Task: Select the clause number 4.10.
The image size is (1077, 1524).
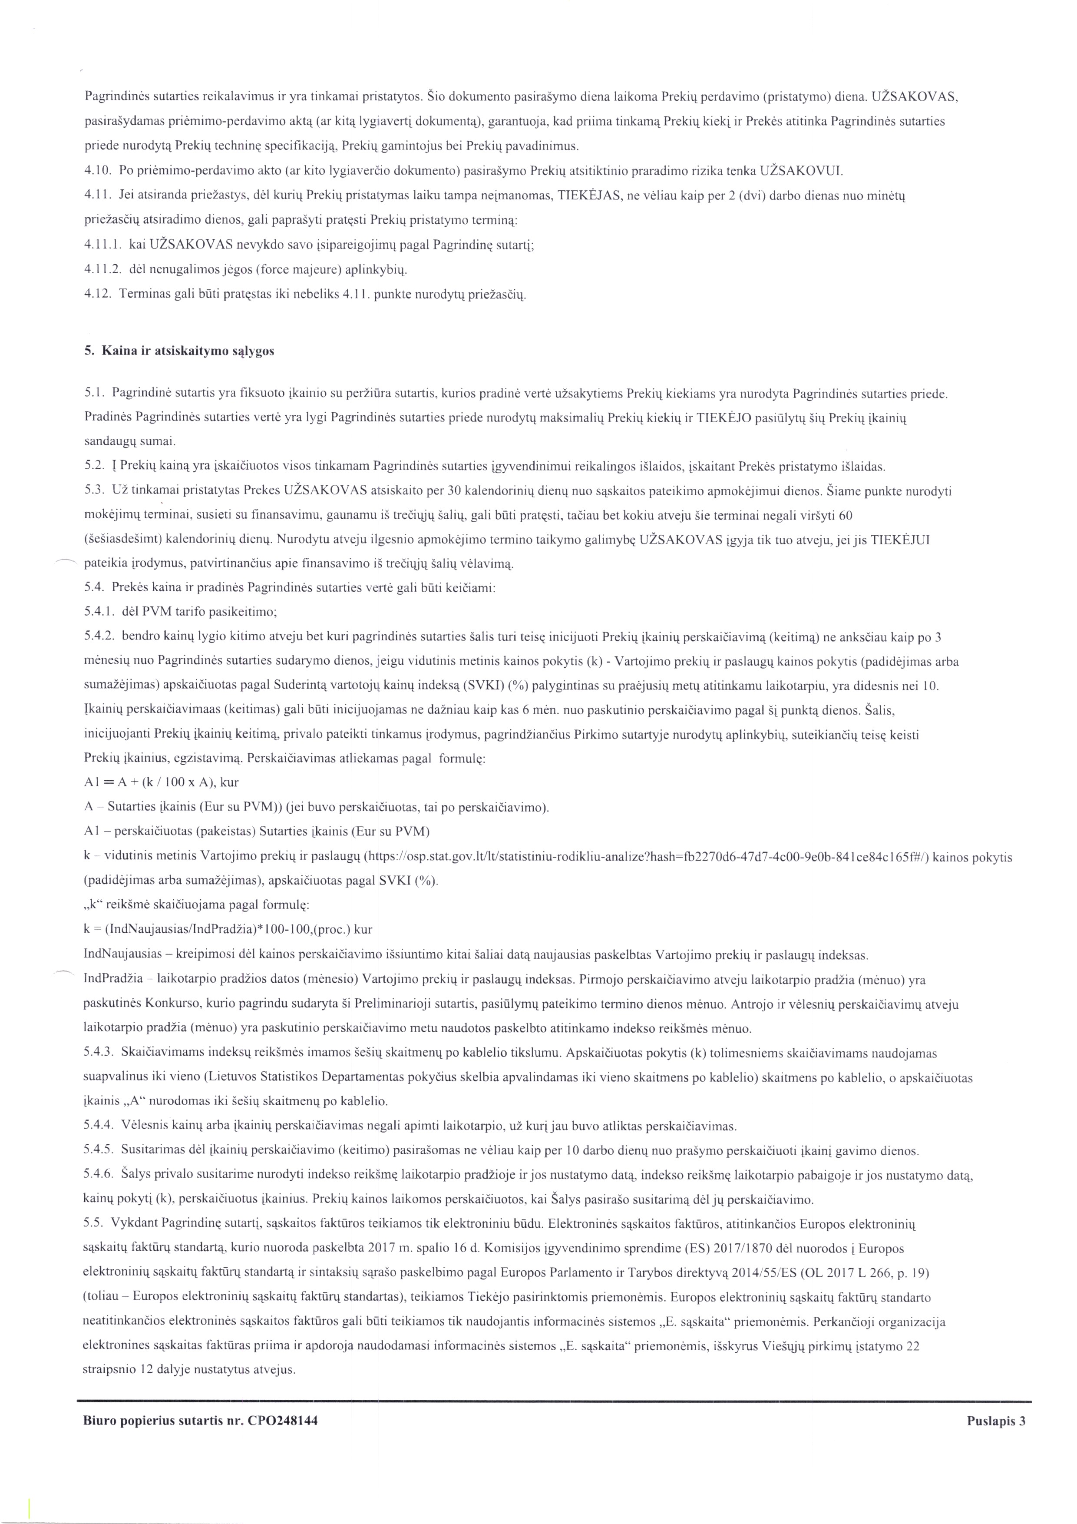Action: point(96,171)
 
